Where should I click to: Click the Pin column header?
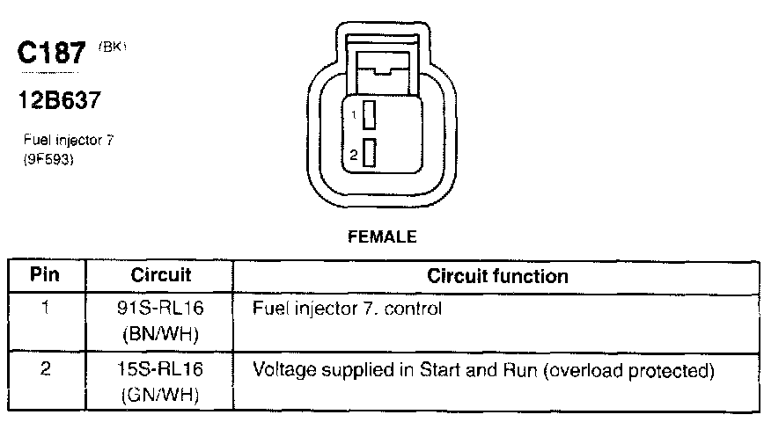pyautogui.click(x=45, y=275)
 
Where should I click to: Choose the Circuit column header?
pyautogui.click(x=161, y=275)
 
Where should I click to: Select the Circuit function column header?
pyautogui.click(x=497, y=275)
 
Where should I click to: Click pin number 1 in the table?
pyautogui.click(x=45, y=309)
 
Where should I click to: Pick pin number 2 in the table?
pyautogui.click(x=45, y=370)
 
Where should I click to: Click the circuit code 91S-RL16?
pyautogui.click(x=161, y=309)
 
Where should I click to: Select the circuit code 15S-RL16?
pyautogui.click(x=161, y=370)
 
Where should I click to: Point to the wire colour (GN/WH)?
pyautogui.click(x=161, y=396)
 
